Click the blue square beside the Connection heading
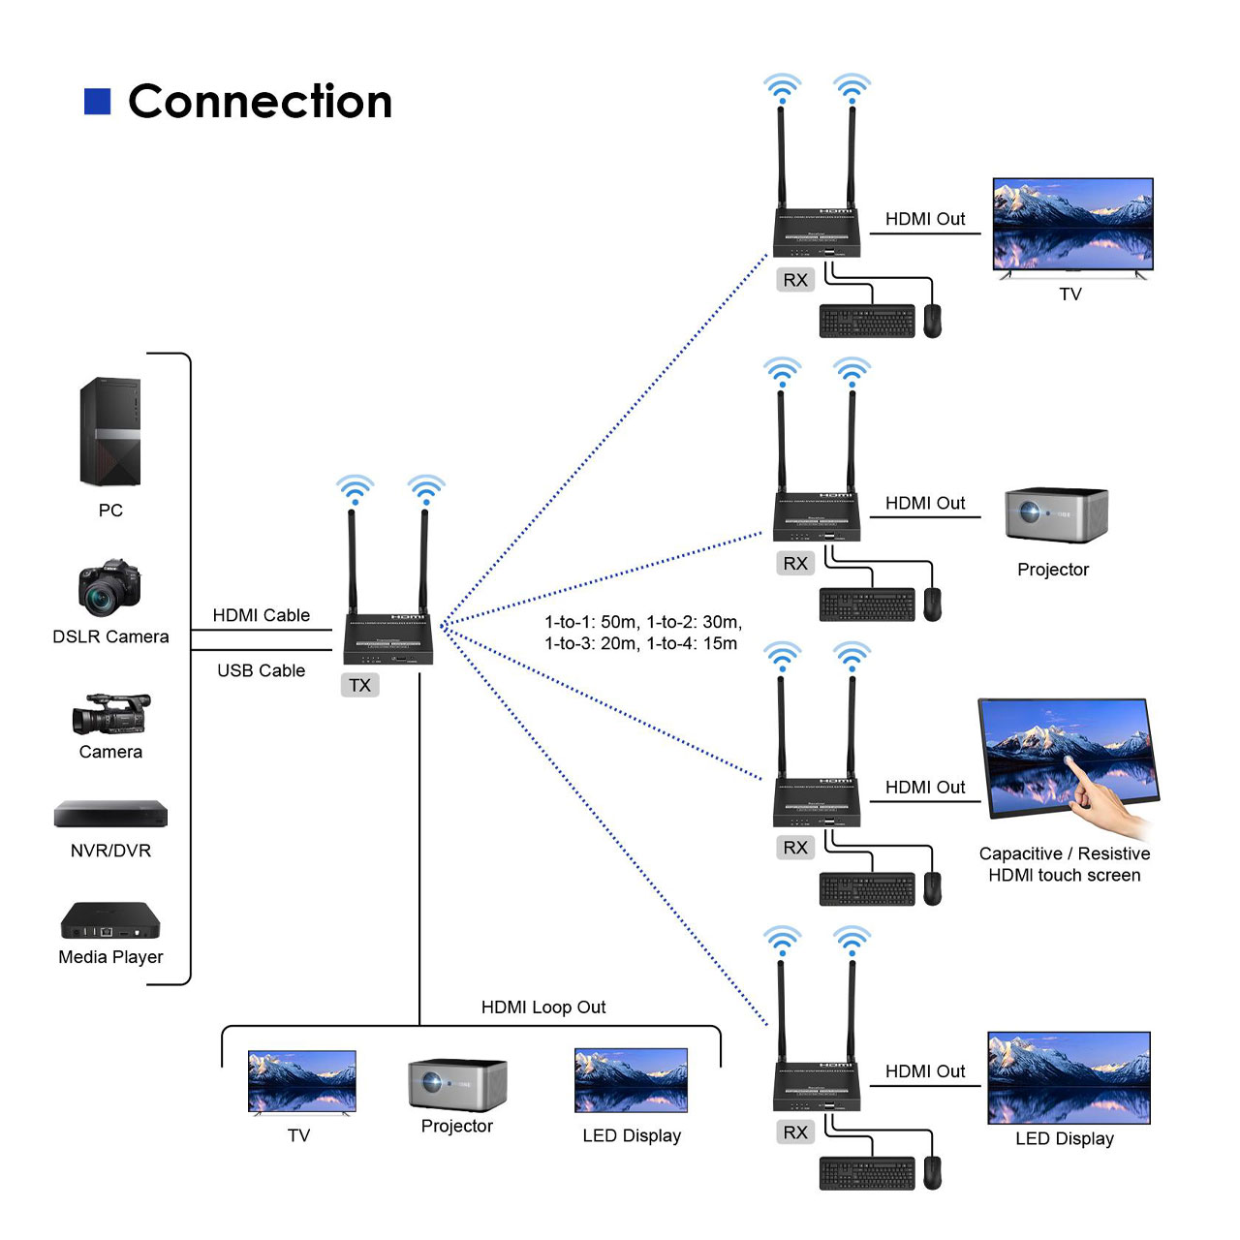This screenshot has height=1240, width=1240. (x=98, y=102)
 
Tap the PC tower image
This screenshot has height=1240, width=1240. (x=110, y=432)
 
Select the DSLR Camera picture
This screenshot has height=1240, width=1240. (x=109, y=588)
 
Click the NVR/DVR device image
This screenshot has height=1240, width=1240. (x=110, y=814)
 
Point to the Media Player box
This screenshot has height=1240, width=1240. (x=110, y=921)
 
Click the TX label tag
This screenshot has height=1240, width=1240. (x=360, y=685)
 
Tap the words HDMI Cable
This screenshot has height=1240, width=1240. (x=262, y=615)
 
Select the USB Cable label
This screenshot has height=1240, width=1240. (x=261, y=670)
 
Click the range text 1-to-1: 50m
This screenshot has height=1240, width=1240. (x=591, y=622)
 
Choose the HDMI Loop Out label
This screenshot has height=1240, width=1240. (x=543, y=1007)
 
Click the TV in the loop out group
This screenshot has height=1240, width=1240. (x=301, y=1082)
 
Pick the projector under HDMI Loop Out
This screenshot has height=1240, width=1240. (x=457, y=1084)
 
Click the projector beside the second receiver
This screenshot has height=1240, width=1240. (x=1056, y=514)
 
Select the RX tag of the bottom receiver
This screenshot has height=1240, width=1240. (x=795, y=1131)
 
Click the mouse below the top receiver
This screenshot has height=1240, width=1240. (x=932, y=321)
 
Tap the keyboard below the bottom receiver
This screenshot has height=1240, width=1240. (x=867, y=1173)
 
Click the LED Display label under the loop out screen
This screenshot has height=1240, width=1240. (x=632, y=1135)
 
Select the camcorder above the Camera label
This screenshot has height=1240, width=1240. (x=110, y=714)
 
